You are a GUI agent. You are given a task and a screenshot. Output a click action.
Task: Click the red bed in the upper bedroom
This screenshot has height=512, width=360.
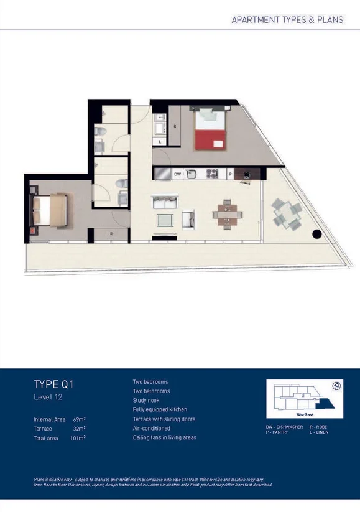click(210, 129)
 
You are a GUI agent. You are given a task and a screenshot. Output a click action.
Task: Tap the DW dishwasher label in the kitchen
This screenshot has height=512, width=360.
click(177, 174)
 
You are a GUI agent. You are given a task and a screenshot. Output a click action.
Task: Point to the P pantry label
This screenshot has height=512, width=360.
click(231, 174)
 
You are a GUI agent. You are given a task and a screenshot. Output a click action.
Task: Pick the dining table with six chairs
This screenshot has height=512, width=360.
click(224, 213)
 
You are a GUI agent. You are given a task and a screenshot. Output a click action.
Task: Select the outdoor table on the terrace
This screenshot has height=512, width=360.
click(286, 213)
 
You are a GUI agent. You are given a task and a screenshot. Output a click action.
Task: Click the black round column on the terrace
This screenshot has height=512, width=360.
click(316, 235)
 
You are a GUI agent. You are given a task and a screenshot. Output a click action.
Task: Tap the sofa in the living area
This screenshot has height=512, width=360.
click(165, 202)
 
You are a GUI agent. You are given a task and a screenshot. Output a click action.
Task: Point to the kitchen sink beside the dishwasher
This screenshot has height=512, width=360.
click(192, 174)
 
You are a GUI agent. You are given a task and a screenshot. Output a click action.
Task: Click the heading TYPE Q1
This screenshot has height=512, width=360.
click(53, 384)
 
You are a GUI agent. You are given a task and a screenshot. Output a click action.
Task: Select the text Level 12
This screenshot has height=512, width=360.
click(48, 396)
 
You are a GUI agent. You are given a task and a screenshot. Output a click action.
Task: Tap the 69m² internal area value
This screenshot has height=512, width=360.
click(78, 419)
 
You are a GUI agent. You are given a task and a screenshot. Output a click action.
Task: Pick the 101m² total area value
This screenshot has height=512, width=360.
click(77, 438)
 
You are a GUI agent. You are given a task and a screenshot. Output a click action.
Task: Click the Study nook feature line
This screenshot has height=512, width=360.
click(146, 401)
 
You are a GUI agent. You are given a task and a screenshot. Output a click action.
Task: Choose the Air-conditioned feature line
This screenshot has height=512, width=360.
click(151, 428)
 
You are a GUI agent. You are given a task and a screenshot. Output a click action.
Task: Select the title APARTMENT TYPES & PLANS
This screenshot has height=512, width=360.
click(287, 19)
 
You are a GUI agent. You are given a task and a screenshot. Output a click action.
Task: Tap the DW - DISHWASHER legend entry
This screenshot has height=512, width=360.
click(284, 427)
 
